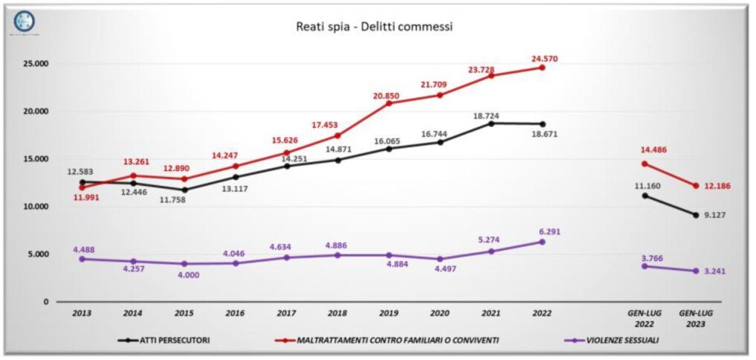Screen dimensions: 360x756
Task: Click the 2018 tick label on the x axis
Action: [338, 314]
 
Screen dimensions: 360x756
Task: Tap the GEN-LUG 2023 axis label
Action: [695, 318]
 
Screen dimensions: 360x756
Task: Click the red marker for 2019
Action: [390, 103]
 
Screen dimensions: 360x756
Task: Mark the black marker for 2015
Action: [184, 190]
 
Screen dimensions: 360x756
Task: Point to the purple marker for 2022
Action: [543, 242]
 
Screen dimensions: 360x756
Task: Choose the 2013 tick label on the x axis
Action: [82, 314]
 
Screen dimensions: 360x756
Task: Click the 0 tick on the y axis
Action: [45, 302]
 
